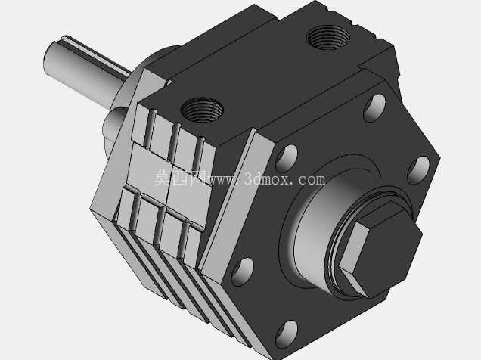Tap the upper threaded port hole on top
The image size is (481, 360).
(x=328, y=37)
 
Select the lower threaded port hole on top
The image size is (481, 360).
(x=202, y=110)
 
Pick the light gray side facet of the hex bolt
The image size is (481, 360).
(x=352, y=248)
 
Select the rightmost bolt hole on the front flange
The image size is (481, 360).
(x=418, y=170)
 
